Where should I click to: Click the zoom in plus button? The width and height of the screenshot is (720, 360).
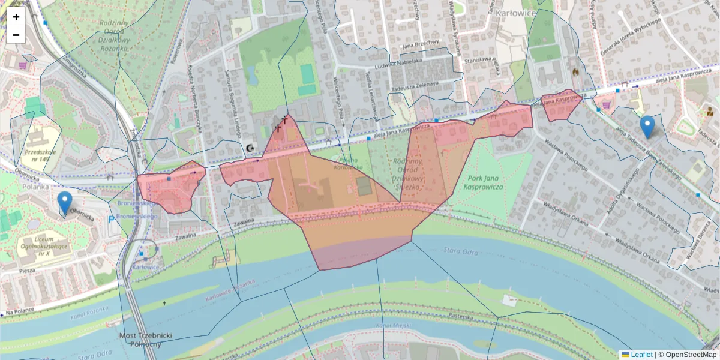16,17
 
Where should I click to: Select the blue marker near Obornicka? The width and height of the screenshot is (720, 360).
65,203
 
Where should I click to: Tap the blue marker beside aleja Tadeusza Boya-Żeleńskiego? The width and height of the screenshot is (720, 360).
647,127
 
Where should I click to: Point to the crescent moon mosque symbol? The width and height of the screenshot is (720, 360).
250,147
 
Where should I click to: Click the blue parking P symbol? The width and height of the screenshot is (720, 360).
110,220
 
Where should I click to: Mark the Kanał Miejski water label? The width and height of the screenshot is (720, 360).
394,325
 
